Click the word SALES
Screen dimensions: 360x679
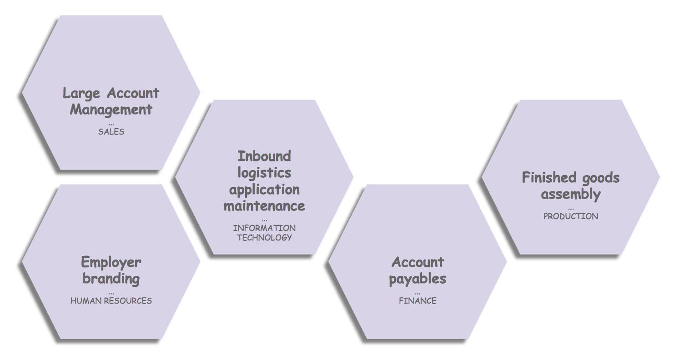[x=111, y=132]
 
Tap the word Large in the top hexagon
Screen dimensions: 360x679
[x=81, y=93]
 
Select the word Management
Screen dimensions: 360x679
[x=111, y=110]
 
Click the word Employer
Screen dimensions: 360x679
[x=111, y=262]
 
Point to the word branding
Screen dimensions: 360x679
[x=111, y=278]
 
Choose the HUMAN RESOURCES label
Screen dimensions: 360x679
[x=111, y=301]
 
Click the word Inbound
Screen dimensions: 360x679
[x=264, y=156]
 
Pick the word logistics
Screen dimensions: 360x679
[x=264, y=173]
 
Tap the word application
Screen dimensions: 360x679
[x=264, y=189]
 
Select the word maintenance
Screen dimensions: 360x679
[x=264, y=205]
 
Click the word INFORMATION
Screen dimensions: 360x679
[x=264, y=228]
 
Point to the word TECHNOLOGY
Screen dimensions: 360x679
[x=264, y=237]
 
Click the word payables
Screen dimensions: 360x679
[x=417, y=279]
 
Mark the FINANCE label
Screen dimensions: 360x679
[x=417, y=301]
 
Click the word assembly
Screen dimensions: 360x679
[x=571, y=194]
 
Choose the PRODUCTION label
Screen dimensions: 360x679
[x=571, y=216]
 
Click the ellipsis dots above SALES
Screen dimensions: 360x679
[x=111, y=124]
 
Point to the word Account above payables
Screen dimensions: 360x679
[x=417, y=262]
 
